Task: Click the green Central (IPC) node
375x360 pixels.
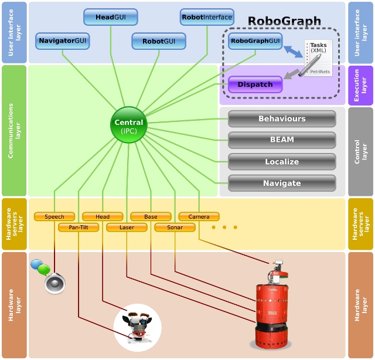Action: [129, 125]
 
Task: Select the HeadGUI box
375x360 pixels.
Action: [111, 17]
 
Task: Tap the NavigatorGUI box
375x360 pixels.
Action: [63, 41]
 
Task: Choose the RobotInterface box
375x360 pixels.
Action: [207, 17]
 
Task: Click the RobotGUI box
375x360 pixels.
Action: [159, 41]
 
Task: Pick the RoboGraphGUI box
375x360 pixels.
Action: [255, 41]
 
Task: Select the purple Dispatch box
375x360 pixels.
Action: [255, 84]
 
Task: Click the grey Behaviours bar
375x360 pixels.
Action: [282, 118]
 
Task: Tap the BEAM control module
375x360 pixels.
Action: [282, 140]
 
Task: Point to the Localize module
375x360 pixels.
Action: [282, 162]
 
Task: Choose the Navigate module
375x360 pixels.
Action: [282, 184]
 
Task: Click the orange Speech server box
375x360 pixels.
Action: [54, 216]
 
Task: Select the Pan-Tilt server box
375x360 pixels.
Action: [79, 227]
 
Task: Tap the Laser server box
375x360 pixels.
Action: [127, 227]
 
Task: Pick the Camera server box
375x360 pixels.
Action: [199, 216]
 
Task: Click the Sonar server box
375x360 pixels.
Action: [175, 227]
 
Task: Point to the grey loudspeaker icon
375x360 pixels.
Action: [54, 283]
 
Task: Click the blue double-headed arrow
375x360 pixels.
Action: [293, 52]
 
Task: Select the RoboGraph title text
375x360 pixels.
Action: [284, 21]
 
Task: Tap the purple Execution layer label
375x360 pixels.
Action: [360, 86]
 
